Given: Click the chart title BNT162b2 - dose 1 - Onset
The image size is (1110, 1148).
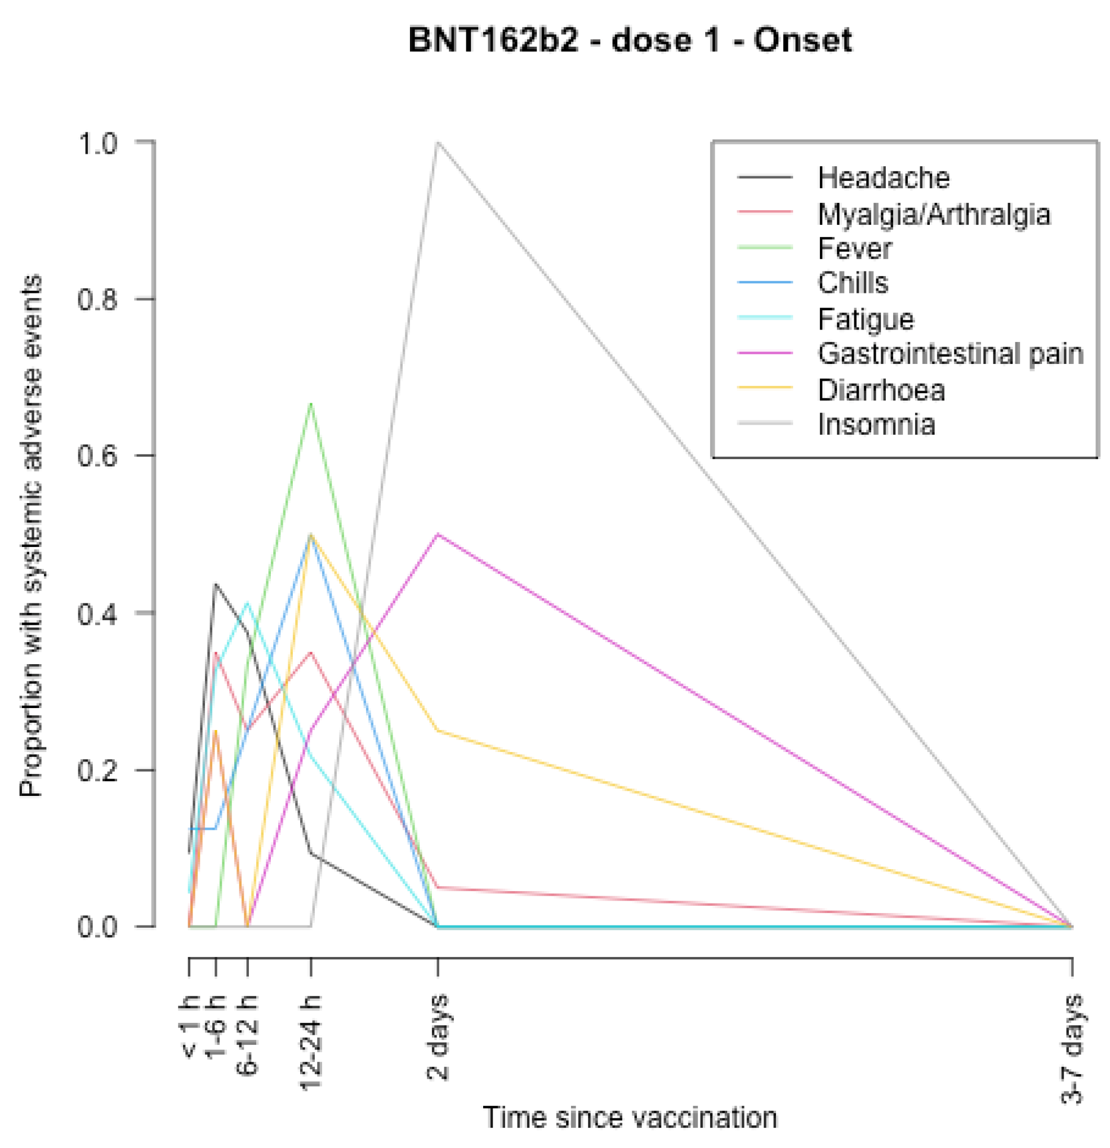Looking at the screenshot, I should click(x=630, y=41).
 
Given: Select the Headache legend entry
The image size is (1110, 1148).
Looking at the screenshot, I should click(x=883, y=178).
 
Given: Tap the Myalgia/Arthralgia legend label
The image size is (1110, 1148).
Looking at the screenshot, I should click(x=933, y=215).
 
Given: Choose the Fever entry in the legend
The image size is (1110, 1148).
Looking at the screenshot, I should click(x=854, y=249).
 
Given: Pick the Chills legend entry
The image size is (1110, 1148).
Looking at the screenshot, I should click(x=853, y=283).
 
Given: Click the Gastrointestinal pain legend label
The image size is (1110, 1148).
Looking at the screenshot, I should click(x=949, y=354).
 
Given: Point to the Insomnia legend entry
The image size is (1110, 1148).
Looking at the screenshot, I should click(x=876, y=425).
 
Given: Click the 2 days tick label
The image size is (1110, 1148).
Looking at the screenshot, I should click(x=438, y=1036).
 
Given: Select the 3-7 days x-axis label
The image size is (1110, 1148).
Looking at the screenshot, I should click(x=1072, y=1048).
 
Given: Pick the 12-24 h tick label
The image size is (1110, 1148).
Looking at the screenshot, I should click(x=311, y=1041).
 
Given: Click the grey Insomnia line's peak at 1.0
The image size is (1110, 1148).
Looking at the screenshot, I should click(x=438, y=143).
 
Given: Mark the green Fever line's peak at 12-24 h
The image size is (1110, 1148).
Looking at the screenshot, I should click(x=311, y=403).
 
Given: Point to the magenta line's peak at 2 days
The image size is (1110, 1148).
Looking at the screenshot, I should click(x=438, y=534).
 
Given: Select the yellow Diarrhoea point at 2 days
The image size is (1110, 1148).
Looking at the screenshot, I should click(x=438, y=731).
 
